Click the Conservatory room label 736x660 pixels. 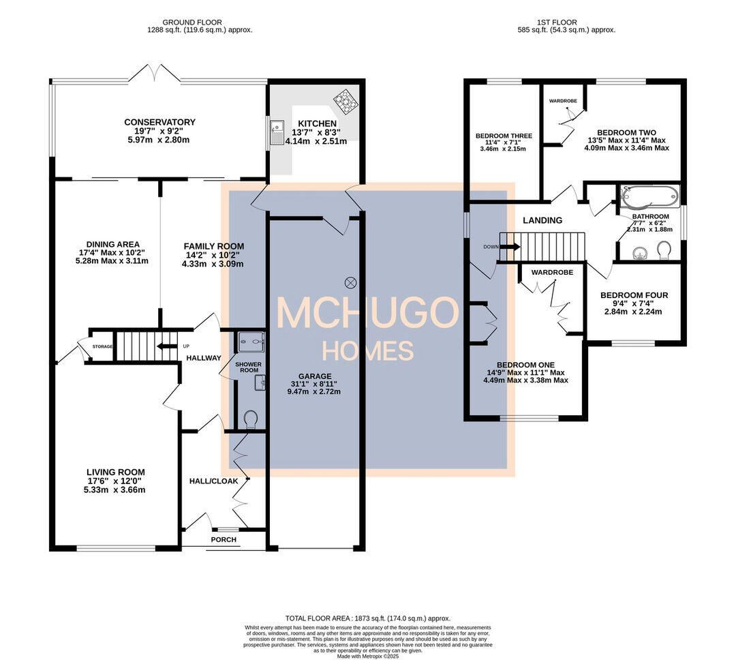[159, 122]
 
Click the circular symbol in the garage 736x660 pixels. [351, 281]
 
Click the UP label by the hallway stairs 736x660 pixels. [186, 346]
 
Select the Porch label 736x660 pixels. [224, 539]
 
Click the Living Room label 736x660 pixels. [115, 472]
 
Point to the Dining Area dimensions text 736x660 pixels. [112, 257]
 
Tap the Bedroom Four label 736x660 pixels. [634, 295]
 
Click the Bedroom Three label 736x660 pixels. [504, 136]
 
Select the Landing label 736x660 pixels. [542, 220]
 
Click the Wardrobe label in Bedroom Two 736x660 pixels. [563, 101]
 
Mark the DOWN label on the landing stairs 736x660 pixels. [489, 247]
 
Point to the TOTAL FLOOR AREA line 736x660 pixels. [367, 618]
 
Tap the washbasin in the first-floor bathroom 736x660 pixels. [639, 253]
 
